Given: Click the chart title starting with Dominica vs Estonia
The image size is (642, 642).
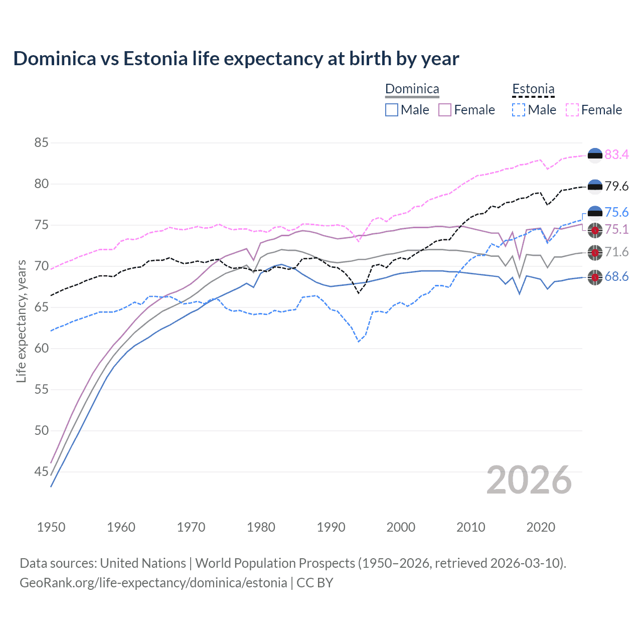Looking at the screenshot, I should point(236,59).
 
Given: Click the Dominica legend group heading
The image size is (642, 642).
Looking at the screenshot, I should point(412,89).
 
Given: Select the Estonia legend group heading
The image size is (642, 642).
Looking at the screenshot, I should point(533,89).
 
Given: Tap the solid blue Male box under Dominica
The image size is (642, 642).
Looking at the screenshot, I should point(392,110).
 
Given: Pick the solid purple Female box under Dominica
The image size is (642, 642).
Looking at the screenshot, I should point(445,110).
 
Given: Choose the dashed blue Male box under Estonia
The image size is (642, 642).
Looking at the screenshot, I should point(519,110).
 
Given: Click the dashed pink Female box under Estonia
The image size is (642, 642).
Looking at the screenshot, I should point(572,110).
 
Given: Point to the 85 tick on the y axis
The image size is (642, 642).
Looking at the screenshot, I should point(42,143).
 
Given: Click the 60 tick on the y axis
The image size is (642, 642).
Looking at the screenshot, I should point(42,348).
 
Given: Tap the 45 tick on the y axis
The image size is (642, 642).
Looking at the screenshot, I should point(42,471).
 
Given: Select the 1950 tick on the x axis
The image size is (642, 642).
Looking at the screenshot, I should point(51,527).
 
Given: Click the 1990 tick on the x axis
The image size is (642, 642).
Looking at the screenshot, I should point(331,527).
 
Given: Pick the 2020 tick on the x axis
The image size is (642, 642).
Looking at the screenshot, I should point(541,527).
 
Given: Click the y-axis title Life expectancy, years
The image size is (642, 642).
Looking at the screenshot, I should point(22,321).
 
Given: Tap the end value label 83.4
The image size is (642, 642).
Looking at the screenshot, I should point(616,155).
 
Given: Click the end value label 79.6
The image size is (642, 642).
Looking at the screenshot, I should point(616,187).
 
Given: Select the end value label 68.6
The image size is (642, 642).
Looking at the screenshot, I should point(616,277).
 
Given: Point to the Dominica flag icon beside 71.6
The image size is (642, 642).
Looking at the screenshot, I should point(595,252).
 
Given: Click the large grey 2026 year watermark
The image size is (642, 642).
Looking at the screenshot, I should point(529,480).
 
